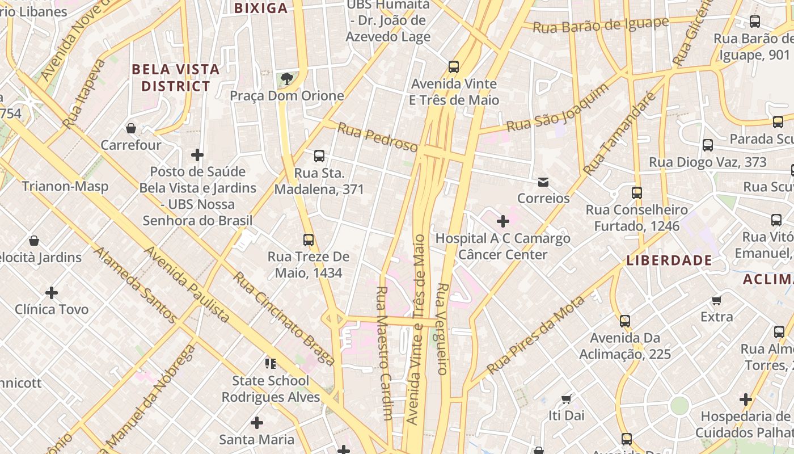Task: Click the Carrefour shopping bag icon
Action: click(131, 128)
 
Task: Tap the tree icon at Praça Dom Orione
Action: click(287, 78)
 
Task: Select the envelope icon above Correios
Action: click(543, 182)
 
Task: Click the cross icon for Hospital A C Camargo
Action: click(502, 221)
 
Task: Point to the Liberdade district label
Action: click(669, 260)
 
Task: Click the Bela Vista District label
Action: click(176, 78)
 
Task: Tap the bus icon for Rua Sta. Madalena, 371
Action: click(319, 156)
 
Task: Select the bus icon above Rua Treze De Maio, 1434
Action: click(309, 240)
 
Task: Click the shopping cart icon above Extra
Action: click(717, 300)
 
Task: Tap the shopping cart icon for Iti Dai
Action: click(566, 399)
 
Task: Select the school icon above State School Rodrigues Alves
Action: click(271, 363)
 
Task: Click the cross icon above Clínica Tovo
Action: click(52, 293)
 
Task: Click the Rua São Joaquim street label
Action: click(557, 108)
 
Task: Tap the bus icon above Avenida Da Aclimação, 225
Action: click(625, 321)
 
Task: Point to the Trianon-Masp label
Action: click(65, 186)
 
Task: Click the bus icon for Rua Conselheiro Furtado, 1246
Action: click(637, 193)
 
